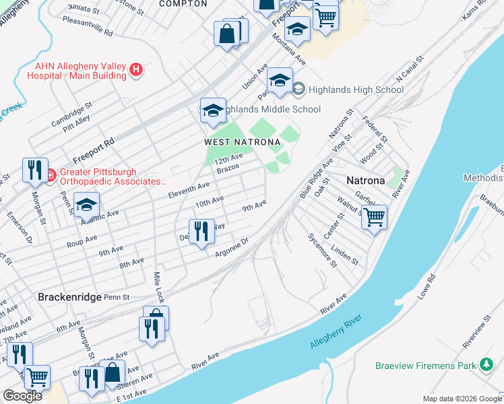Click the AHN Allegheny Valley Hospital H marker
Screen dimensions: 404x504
[x=137, y=69]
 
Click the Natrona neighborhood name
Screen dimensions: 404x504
[x=365, y=180]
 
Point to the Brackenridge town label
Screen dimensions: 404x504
[x=69, y=296]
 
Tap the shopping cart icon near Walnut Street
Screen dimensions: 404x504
[x=373, y=217]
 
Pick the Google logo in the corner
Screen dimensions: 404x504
[x=22, y=396]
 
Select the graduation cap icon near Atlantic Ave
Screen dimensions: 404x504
[x=86, y=205]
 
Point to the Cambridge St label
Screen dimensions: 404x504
[x=71, y=115]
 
